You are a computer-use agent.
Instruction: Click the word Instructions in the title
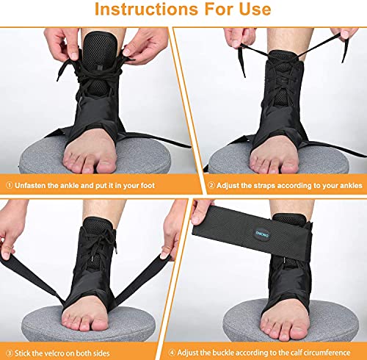coord(139,11)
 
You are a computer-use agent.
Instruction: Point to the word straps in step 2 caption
coord(257,187)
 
